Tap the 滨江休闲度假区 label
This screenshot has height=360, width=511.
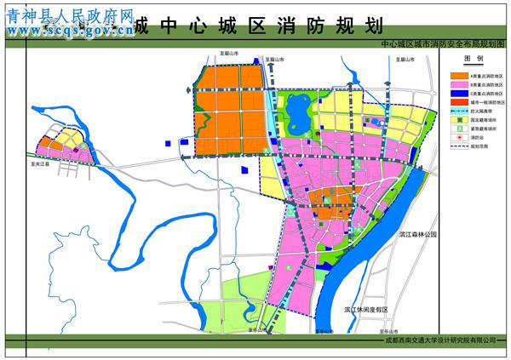366,309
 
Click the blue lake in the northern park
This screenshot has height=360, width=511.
300,111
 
